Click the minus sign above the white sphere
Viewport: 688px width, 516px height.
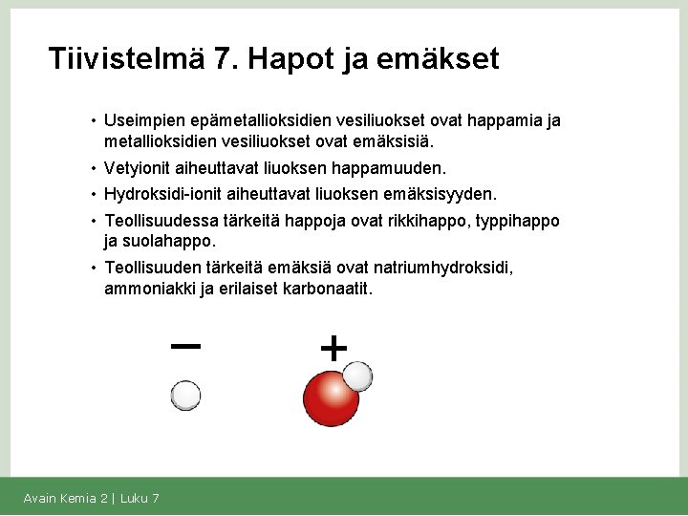pos(184,346)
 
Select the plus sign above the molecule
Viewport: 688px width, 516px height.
pos(333,349)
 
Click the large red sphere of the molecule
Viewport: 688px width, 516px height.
pos(329,399)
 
